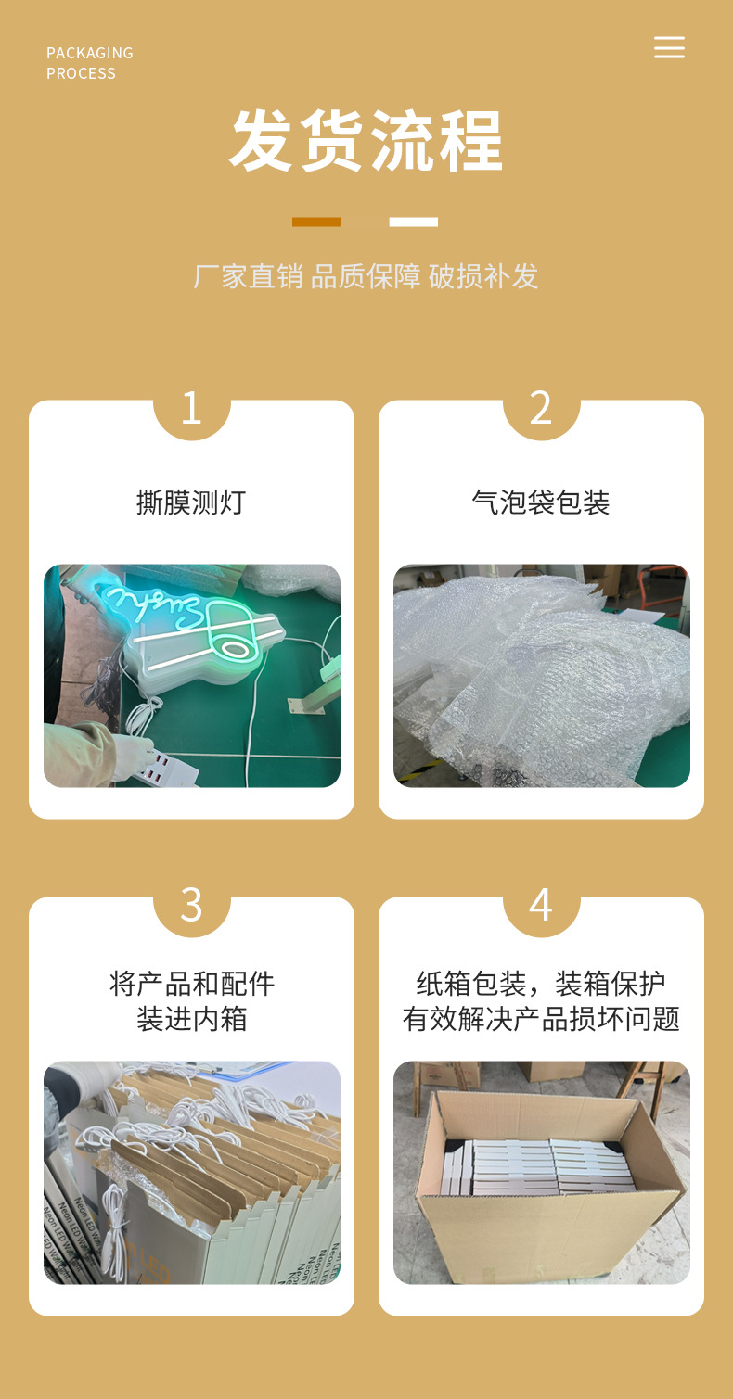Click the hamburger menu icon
click(669, 48)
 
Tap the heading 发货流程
click(366, 142)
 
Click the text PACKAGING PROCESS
click(89, 63)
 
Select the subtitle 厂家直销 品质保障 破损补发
click(366, 276)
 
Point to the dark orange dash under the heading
click(316, 223)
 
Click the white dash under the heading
click(413, 223)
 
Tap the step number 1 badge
click(191, 408)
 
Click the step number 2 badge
click(541, 408)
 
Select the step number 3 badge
click(191, 905)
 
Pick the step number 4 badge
click(541, 905)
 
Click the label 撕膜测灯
click(191, 502)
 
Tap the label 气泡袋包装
click(541, 502)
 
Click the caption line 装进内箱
click(191, 1019)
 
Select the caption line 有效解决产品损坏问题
click(541, 1019)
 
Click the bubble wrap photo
click(541, 676)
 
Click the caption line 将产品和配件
click(191, 984)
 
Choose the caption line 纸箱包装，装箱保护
click(541, 984)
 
